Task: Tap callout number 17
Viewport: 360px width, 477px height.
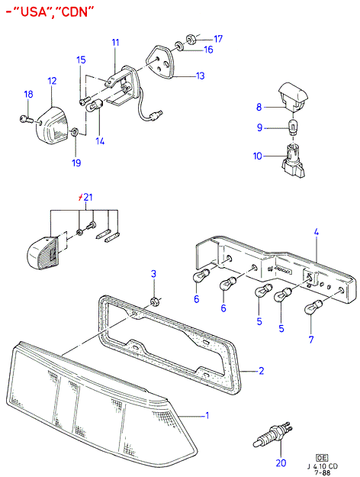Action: pyautogui.click(x=218, y=39)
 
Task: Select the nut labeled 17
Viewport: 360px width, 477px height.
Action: pyautogui.click(x=191, y=39)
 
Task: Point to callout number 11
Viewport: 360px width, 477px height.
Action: pyautogui.click(x=115, y=42)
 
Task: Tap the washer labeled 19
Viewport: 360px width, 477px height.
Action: pyautogui.click(x=74, y=132)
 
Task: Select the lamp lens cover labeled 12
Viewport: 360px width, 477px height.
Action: pyautogui.click(x=53, y=124)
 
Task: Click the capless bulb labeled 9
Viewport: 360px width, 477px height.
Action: pyautogui.click(x=293, y=127)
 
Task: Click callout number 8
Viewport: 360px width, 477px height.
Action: pyautogui.click(x=259, y=107)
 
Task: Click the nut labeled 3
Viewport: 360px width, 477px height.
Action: pyautogui.click(x=154, y=302)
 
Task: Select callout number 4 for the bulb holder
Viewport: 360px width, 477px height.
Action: pyautogui.click(x=317, y=233)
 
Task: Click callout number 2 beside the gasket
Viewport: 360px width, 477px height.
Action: pyautogui.click(x=261, y=371)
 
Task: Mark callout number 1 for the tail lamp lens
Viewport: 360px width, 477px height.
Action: pyautogui.click(x=207, y=415)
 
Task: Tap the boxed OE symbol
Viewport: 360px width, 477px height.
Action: pyautogui.click(x=322, y=458)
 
